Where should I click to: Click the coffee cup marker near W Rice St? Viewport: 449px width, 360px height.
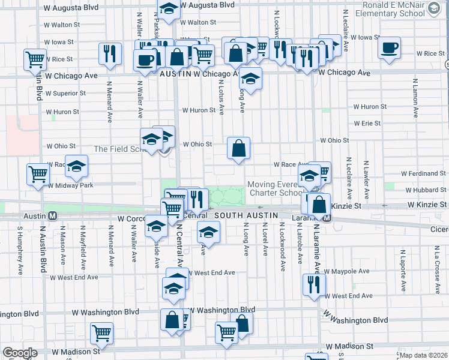pos(389,48)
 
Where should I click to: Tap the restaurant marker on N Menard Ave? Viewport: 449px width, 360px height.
pos(109,54)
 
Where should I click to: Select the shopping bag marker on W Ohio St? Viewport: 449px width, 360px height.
pos(238,148)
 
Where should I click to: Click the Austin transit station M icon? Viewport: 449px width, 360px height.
pos(52,215)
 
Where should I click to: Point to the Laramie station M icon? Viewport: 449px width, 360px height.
pos(327,218)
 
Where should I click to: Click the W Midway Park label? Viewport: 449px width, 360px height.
pos(71,185)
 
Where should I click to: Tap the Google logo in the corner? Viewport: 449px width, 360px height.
pos(20,353)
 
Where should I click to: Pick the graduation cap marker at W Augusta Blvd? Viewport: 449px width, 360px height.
pos(169,10)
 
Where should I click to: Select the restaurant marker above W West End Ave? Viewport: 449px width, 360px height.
pos(313,284)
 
